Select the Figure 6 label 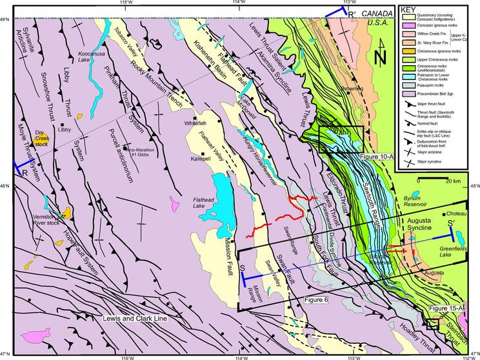[x=316, y=301]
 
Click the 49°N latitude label [x=5, y=19]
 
